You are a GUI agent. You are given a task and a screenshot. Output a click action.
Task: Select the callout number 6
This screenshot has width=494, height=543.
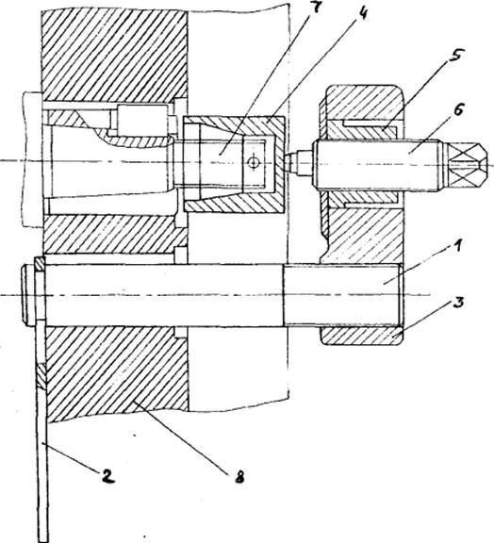(458, 112)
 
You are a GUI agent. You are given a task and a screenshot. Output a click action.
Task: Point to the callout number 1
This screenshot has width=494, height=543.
(457, 248)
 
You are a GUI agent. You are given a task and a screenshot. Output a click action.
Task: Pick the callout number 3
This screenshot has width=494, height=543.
(458, 303)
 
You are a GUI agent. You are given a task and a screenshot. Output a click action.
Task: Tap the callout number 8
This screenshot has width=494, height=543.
(239, 478)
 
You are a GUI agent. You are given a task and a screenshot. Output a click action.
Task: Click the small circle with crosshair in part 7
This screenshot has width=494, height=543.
(254, 162)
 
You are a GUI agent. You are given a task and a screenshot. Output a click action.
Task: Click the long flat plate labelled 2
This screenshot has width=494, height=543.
(41, 398)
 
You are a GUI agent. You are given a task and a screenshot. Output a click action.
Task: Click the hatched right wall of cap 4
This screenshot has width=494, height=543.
(277, 163)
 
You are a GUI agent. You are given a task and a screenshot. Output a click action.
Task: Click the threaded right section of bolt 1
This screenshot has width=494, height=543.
(343, 294)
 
